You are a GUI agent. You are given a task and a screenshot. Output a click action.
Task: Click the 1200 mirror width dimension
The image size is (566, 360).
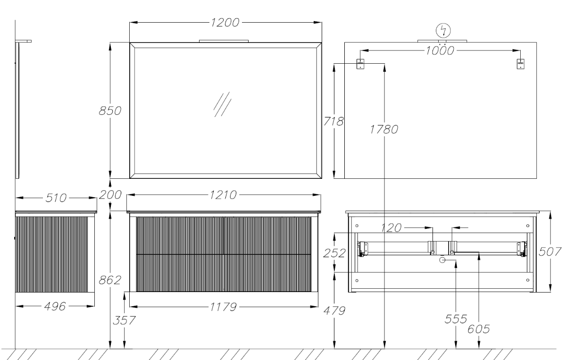(225, 23)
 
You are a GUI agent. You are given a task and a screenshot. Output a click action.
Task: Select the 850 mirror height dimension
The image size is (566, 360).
(110, 111)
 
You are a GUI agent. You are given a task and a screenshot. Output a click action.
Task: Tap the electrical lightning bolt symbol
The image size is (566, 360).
(443, 31)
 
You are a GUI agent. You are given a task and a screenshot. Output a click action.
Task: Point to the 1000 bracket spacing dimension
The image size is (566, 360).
(440, 51)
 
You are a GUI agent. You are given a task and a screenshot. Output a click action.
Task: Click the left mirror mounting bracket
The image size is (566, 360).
(360, 64)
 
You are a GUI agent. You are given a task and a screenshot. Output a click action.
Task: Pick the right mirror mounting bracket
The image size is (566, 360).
(520, 64)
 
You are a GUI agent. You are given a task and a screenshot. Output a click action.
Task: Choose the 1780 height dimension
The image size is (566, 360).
(384, 129)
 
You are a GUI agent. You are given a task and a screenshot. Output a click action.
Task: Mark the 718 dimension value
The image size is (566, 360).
(333, 122)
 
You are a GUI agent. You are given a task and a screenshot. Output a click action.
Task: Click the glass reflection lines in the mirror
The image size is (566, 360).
(222, 104)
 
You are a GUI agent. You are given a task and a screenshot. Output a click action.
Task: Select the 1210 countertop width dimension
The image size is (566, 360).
(224, 195)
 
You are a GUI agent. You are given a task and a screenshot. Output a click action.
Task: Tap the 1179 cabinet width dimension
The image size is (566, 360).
(224, 307)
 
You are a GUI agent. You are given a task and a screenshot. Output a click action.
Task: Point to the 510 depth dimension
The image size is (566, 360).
(56, 198)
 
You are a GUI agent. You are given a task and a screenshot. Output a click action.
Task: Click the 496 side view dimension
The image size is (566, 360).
(55, 306)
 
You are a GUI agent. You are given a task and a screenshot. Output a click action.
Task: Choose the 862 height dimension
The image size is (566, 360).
(110, 280)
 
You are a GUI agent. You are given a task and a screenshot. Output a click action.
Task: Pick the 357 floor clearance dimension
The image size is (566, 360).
(124, 320)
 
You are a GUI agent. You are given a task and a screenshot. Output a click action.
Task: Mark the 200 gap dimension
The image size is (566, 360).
(110, 195)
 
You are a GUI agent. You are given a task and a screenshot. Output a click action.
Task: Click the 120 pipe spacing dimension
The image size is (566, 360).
(391, 228)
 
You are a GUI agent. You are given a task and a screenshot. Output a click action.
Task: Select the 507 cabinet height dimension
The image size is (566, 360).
(550, 252)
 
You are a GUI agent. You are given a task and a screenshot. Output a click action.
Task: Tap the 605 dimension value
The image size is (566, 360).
(479, 329)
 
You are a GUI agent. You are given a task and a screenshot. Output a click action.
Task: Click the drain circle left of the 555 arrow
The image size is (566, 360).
(442, 260)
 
